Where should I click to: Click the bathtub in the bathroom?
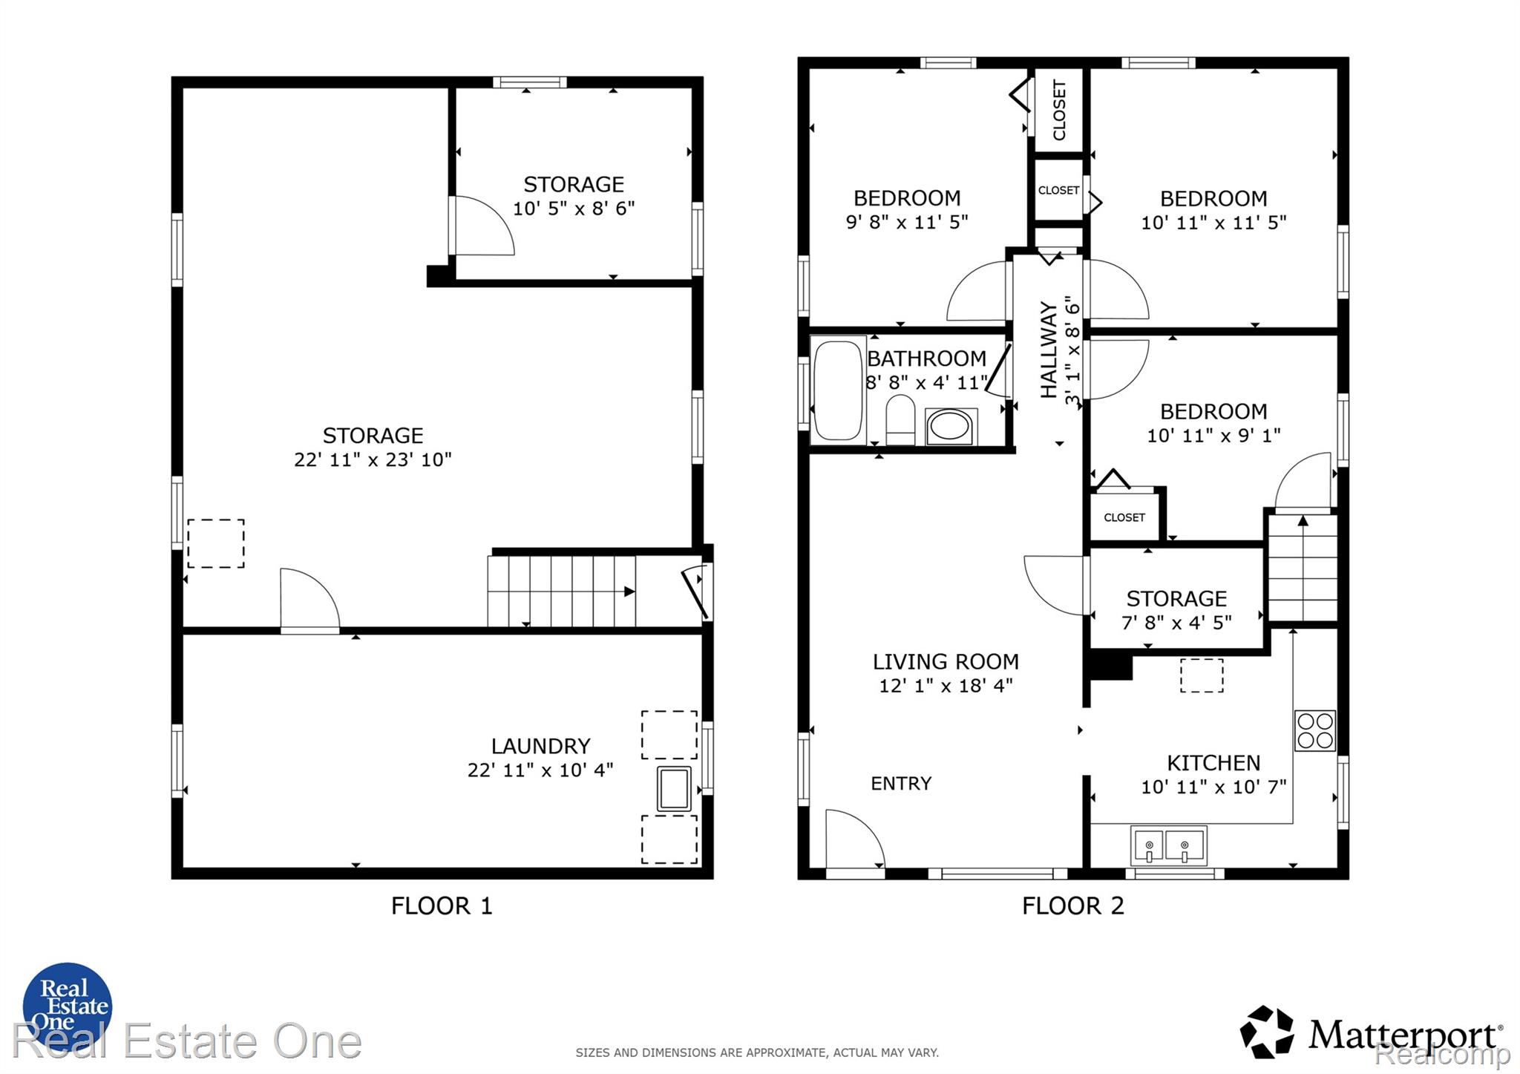(839, 390)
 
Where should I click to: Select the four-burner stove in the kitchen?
(1315, 730)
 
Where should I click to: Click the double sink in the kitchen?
(1168, 845)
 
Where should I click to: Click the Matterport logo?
(1372, 1032)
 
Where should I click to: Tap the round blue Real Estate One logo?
(67, 1007)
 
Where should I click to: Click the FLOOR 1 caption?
(442, 906)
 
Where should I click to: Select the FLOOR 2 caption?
(1073, 906)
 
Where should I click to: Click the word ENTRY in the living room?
(901, 783)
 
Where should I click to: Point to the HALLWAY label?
(1048, 350)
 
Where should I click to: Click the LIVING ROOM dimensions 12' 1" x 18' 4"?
(946, 685)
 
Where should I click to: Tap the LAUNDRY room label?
(540, 746)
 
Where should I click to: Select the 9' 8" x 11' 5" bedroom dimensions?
(907, 222)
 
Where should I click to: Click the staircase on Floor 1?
(562, 591)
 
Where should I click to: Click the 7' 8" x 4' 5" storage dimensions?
(1176, 623)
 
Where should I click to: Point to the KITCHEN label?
(1213, 763)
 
